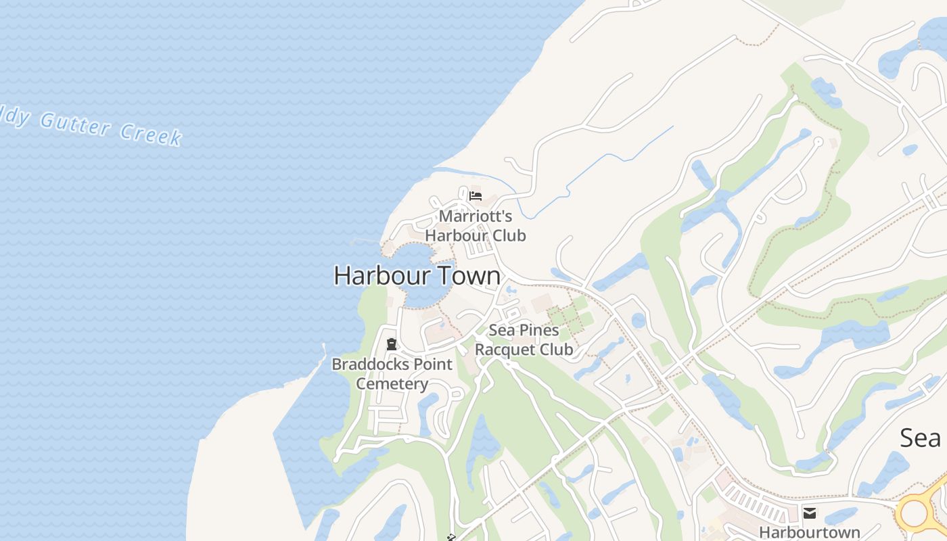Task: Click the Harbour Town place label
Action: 417,276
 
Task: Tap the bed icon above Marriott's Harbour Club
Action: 476,197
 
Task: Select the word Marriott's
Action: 476,216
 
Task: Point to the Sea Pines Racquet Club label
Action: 524,340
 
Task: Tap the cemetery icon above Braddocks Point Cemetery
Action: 391,344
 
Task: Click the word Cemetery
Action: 392,384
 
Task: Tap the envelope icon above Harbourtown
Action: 809,513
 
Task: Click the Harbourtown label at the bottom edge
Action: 809,532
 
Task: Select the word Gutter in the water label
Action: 74,124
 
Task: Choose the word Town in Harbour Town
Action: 469,276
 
